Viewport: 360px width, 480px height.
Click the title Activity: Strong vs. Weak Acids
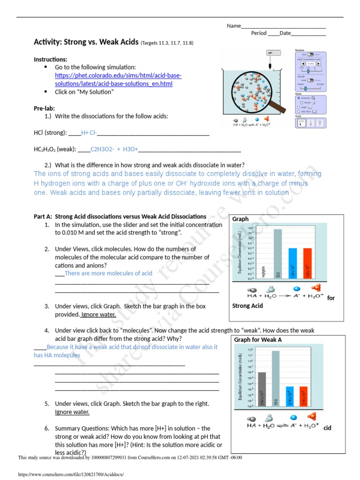coord(86,43)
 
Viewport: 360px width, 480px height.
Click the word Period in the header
coord(259,33)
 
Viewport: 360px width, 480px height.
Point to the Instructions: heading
coord(50,60)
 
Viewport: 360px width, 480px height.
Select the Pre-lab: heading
coord(44,108)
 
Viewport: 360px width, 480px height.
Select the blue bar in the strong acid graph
coord(292,262)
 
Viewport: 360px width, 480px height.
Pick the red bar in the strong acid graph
coord(307,262)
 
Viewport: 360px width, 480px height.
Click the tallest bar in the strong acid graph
coord(277,253)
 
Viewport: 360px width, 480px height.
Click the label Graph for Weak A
coord(257,339)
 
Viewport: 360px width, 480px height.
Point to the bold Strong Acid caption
coord(247,306)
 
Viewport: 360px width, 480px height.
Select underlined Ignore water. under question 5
coord(72,412)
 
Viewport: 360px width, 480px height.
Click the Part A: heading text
coord(43,217)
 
